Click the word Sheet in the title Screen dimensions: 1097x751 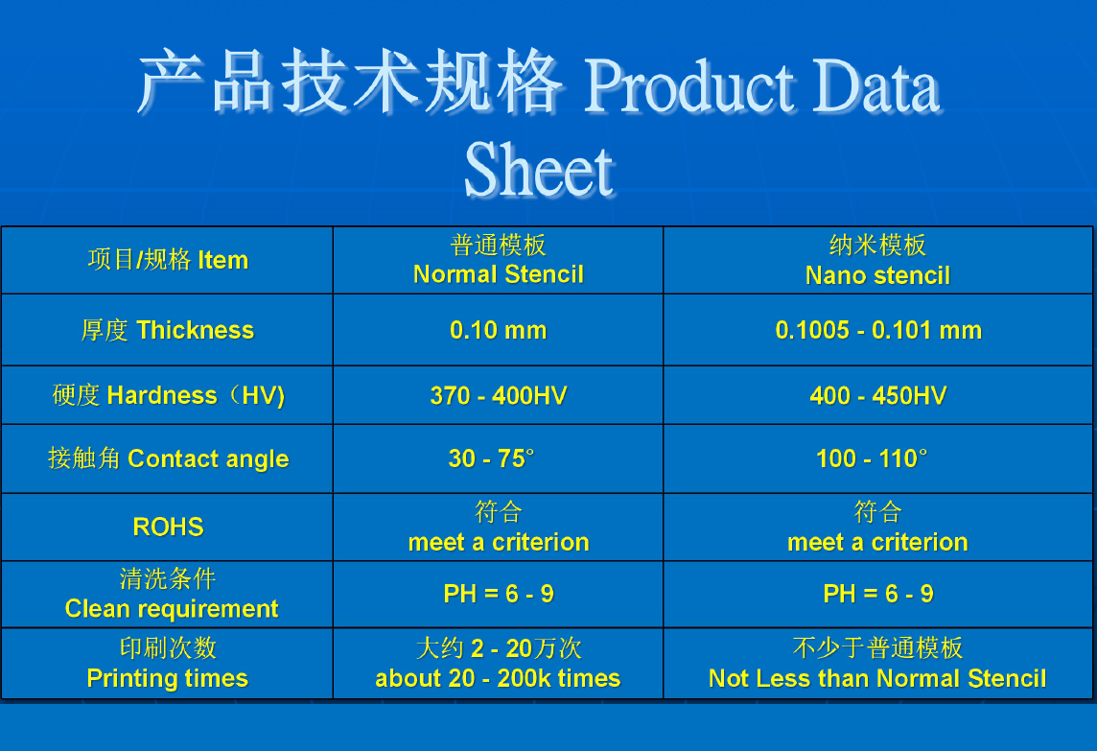point(540,170)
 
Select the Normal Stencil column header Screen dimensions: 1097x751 point(498,260)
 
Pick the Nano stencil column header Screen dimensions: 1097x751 point(877,260)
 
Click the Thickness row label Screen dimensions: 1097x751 point(167,330)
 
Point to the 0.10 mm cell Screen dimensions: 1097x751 point(498,330)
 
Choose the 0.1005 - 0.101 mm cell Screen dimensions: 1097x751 point(878,330)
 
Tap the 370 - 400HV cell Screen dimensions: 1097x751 point(498,395)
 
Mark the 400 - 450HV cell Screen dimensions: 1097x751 point(878,395)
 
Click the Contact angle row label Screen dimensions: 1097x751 point(168,458)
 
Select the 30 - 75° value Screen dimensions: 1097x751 point(491,458)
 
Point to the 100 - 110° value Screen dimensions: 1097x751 point(872,458)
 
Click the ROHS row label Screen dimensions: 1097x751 point(168,527)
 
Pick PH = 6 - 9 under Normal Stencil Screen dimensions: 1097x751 point(498,594)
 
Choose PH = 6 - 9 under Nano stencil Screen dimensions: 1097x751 point(878,594)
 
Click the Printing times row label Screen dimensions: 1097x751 point(167,663)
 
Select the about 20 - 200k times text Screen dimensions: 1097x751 point(498,678)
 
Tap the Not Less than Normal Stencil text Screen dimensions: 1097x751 point(877,678)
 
